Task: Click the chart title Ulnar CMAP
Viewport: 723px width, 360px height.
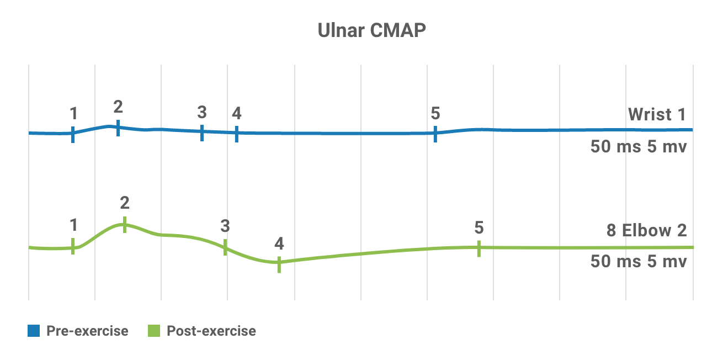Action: tap(372, 31)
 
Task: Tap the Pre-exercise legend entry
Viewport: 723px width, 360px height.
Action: tap(87, 331)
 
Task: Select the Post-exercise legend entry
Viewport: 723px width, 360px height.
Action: tap(211, 331)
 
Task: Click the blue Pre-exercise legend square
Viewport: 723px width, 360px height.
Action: tap(34, 331)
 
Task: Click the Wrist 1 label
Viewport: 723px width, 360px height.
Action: tap(657, 115)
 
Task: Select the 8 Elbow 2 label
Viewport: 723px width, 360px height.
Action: tap(647, 230)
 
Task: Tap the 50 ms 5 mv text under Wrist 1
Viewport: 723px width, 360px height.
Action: tap(639, 147)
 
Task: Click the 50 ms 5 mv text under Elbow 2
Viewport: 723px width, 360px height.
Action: tap(639, 261)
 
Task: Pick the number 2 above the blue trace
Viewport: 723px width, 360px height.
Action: tap(118, 106)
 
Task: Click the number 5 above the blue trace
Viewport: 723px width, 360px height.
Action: tap(435, 113)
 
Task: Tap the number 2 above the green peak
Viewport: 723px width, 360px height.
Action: tap(125, 203)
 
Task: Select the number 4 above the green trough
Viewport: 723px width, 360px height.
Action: tap(279, 243)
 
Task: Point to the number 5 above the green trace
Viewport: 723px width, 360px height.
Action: tap(479, 227)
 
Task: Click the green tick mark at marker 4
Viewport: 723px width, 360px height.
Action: tap(279, 264)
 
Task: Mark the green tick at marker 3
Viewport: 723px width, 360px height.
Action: tap(225, 247)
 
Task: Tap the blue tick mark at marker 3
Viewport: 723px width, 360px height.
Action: tap(202, 133)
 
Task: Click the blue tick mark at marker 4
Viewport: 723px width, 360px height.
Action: tap(237, 134)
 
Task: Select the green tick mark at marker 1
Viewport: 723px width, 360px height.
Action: tap(73, 246)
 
